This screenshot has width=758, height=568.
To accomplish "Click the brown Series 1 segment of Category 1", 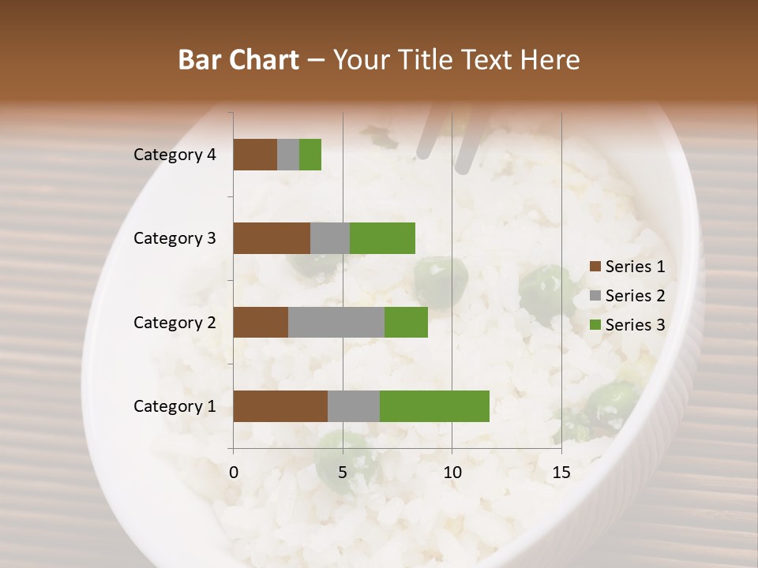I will [280, 406].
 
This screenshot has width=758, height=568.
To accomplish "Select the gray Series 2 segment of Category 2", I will [336, 322].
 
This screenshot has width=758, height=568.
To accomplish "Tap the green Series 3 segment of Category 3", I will [382, 238].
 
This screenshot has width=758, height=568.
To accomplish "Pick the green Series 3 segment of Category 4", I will [310, 155].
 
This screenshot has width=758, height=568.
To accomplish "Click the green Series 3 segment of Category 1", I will [434, 406].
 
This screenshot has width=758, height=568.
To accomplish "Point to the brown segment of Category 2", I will [261, 322].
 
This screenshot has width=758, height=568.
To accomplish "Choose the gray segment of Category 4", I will [288, 155].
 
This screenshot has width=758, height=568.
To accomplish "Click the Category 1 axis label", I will [174, 406].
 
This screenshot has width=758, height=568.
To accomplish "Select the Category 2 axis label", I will [174, 322].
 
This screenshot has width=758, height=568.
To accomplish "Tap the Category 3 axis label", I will [174, 238].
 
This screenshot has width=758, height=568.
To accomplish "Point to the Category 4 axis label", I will [174, 155].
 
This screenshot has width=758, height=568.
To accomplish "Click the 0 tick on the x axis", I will [234, 473].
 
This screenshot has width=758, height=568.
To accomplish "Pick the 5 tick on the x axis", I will [343, 473].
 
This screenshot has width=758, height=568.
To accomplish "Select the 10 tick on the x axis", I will [452, 473].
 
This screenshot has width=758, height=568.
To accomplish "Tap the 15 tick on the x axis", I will [561, 473].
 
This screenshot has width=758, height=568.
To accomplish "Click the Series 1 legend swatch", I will [595, 267].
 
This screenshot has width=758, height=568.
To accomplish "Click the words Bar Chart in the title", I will [238, 60].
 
